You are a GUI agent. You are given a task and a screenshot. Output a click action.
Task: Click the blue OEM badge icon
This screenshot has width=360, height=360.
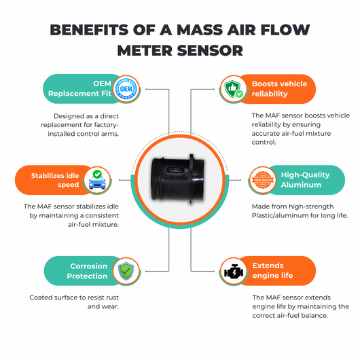point(126,89)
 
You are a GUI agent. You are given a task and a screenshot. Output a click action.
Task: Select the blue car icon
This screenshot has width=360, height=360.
point(97,180)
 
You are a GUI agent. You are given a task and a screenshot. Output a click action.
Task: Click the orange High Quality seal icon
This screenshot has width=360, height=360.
point(263,180)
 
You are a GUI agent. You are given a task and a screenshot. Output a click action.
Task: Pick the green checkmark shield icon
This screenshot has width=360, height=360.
point(126,271)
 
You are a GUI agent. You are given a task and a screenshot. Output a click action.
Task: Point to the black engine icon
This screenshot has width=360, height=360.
point(234,272)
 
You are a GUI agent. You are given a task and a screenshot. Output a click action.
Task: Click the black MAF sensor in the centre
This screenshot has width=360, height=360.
point(177,179)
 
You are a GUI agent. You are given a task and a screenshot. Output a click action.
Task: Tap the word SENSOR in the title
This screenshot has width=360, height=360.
point(210,50)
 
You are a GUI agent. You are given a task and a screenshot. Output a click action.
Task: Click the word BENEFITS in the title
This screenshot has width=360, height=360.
point(89,30)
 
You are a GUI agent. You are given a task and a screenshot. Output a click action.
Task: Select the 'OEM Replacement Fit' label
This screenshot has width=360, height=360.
point(79,88)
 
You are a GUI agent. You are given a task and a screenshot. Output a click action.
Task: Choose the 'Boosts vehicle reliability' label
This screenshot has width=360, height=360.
point(279,89)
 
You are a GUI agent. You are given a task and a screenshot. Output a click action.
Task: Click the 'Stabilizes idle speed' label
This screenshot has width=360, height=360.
point(55,180)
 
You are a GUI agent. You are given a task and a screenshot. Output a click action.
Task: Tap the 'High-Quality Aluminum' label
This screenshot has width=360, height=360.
point(305,180)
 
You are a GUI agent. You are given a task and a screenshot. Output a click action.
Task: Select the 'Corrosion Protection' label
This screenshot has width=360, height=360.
point(87,271)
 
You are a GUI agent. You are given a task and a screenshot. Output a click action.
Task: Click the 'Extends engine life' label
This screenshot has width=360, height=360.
point(272,270)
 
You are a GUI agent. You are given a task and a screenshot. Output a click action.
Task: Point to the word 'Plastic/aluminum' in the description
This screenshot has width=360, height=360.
point(278,215)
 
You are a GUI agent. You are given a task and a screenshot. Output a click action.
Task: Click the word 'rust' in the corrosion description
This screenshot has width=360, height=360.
point(112,298)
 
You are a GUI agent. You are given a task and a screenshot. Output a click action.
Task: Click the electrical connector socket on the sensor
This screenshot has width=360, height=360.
point(175,170)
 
